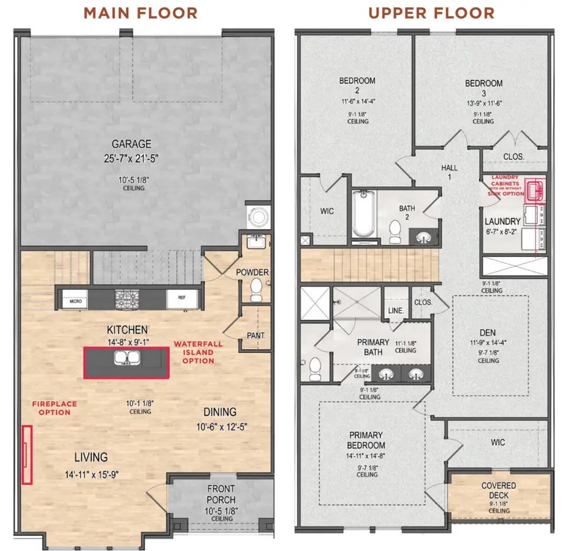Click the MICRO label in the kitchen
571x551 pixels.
pos(75,298)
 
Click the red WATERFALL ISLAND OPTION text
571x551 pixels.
pos(194,352)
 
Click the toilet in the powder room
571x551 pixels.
pos(256,289)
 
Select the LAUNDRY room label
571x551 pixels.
pos(502,222)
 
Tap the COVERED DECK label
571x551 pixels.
pos(499,491)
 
